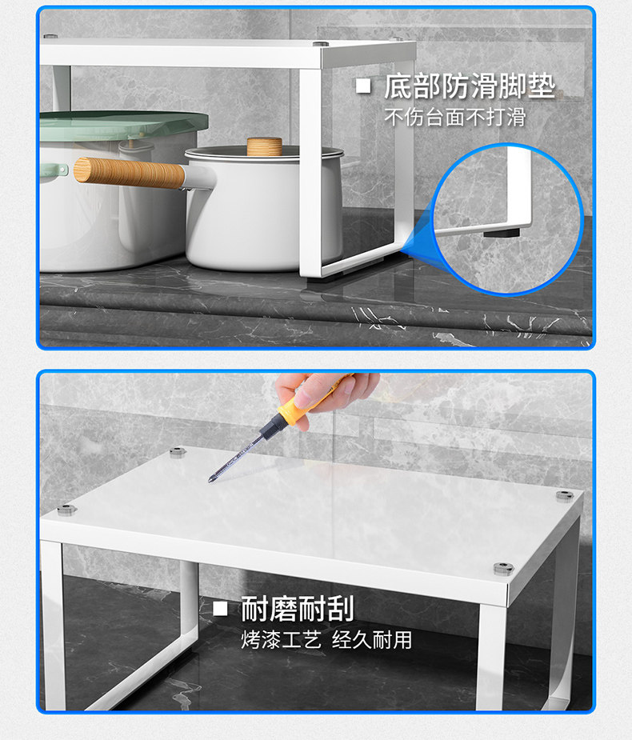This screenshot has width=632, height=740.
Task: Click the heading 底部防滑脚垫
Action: point(469,86)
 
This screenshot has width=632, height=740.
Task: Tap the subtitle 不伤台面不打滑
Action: point(455,117)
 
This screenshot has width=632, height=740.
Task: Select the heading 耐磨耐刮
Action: point(298,609)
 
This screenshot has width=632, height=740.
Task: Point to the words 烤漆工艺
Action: point(282,640)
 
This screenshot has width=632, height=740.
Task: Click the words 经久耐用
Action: point(372,640)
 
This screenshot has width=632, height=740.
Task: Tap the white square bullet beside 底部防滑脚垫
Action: point(363,86)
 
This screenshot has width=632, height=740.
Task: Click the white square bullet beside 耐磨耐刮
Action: point(221,608)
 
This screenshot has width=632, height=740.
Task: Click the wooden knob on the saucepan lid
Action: point(264,146)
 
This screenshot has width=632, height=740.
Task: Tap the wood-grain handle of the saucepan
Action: point(130,173)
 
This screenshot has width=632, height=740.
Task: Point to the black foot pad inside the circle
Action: point(502,233)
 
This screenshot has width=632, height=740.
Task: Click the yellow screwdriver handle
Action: point(302,403)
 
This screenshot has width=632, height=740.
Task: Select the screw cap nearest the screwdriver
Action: point(178,453)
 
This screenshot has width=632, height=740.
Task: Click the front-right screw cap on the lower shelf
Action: point(504,569)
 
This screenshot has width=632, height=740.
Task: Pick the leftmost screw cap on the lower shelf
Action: point(66,510)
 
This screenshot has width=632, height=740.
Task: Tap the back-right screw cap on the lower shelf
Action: point(565,495)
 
